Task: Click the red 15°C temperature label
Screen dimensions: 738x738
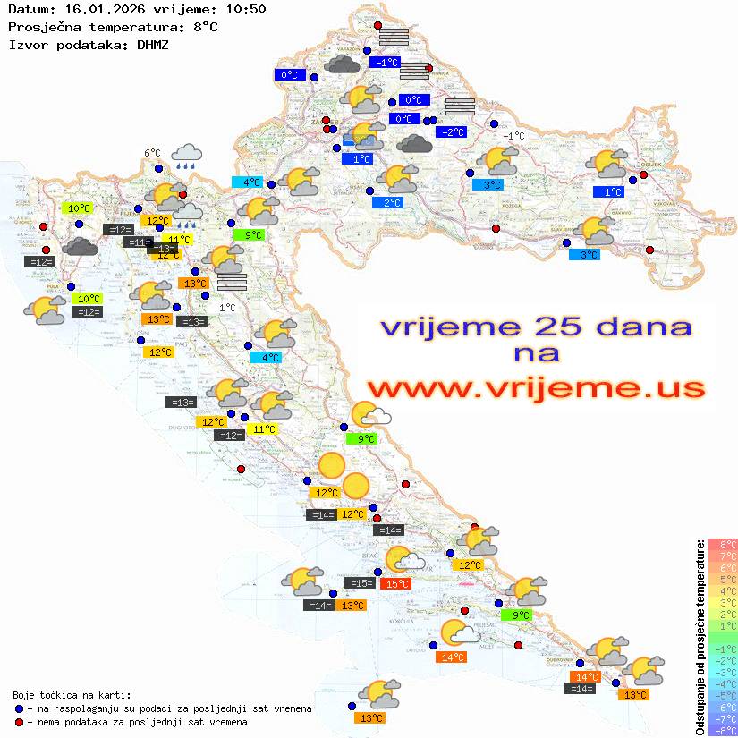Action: [396, 584]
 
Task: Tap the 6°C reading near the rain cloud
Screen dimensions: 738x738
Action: [152, 153]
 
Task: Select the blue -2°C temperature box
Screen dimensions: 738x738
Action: [452, 132]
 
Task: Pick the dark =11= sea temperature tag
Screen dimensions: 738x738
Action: [139, 242]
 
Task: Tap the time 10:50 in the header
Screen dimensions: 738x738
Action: [244, 9]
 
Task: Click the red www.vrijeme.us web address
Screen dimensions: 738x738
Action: [536, 388]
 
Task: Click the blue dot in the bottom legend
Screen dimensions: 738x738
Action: [20, 708]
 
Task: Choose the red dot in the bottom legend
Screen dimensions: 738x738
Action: [20, 722]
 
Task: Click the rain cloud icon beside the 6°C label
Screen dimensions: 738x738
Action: [187, 157]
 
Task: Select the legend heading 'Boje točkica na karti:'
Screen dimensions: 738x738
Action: [72, 694]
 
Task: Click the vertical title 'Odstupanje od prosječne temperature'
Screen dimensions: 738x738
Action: [700, 637]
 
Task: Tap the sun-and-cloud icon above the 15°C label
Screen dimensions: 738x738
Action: [403, 560]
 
